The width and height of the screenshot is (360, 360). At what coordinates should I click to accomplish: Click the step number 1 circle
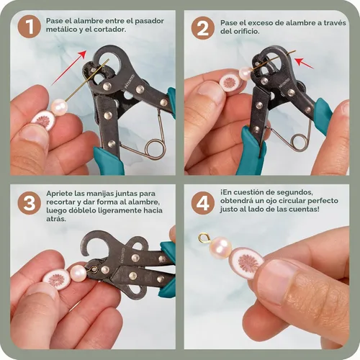(x=30, y=26)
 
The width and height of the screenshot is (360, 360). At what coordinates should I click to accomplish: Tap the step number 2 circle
(x=203, y=28)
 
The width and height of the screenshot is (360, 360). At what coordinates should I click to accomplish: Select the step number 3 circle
(x=30, y=202)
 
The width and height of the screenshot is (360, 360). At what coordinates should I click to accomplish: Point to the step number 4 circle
(x=203, y=203)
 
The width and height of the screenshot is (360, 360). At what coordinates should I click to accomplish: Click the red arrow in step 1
(x=69, y=68)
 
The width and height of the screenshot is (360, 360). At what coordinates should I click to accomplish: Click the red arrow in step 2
(x=304, y=63)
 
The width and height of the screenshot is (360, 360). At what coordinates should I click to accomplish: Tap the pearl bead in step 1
(x=60, y=107)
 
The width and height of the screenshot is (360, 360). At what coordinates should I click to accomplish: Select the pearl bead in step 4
(x=220, y=248)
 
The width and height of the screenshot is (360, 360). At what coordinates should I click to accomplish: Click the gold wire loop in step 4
(x=204, y=238)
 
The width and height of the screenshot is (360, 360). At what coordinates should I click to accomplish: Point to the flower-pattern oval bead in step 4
(x=247, y=262)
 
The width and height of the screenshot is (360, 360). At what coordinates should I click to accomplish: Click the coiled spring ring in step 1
(x=155, y=149)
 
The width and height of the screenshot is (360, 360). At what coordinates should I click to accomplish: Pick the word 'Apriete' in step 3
(x=59, y=194)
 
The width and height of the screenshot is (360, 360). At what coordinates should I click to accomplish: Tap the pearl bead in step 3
(x=78, y=273)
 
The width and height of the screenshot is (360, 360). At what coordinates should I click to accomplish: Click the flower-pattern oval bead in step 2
(x=228, y=82)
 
